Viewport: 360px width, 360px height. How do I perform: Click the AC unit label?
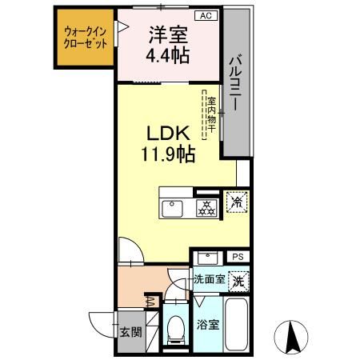coord(205,15)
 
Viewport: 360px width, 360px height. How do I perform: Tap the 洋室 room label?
coord(167,35)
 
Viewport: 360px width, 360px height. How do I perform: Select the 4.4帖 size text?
coord(167,56)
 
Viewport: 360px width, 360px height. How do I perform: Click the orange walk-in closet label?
coord(86,38)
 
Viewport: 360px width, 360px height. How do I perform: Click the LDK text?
coord(166,133)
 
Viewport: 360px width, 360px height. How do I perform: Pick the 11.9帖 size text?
coord(166,154)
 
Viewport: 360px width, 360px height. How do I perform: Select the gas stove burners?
coord(206,208)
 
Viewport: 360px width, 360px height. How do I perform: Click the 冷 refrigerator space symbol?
coord(237,203)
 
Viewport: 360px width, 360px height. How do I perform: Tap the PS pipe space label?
coord(237,257)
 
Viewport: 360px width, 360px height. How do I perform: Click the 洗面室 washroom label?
coord(209,281)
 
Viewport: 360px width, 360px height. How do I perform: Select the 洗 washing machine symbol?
coord(238,281)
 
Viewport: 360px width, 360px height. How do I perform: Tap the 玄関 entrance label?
coord(129,330)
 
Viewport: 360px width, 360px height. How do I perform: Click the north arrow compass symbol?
coord(292,337)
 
